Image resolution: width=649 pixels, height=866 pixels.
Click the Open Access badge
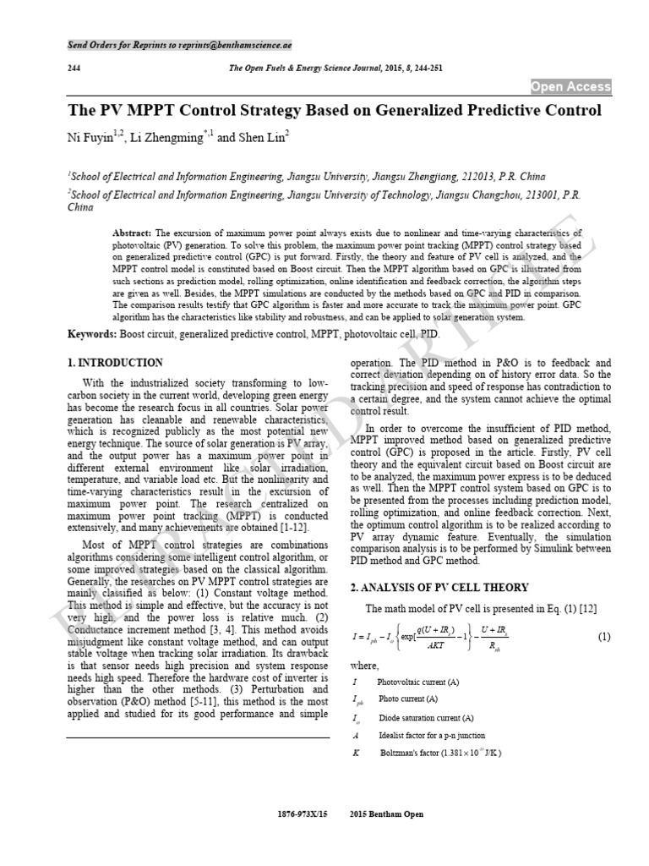[x=570, y=87]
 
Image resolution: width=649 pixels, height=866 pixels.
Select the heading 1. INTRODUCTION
[x=115, y=362]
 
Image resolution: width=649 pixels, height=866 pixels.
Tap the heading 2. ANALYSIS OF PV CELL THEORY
[x=439, y=588]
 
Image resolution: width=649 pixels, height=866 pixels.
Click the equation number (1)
[x=603, y=636]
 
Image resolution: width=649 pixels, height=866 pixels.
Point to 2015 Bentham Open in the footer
[x=386, y=814]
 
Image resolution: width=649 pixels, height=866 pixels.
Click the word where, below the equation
[x=364, y=666]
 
